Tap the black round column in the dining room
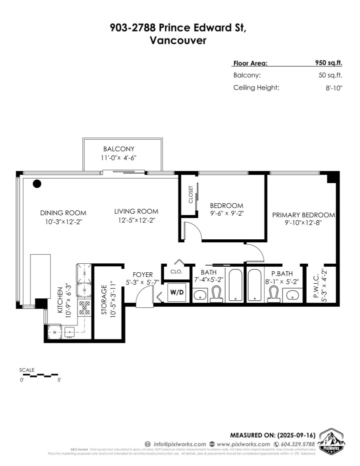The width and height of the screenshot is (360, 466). coord(37,184)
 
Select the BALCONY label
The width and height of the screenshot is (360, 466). coord(119,149)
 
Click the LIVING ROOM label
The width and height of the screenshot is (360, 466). coord(136,211)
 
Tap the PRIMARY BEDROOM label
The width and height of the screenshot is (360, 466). coord(303,215)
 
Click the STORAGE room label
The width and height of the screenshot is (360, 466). coord(104,299)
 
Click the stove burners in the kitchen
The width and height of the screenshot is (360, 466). coord(83,306)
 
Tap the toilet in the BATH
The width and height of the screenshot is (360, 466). coord(216,294)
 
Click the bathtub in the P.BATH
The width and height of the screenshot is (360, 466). coord(254,285)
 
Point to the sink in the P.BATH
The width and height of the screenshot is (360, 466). coord(292,296)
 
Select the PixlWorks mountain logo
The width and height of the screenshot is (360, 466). coord(330,441)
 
